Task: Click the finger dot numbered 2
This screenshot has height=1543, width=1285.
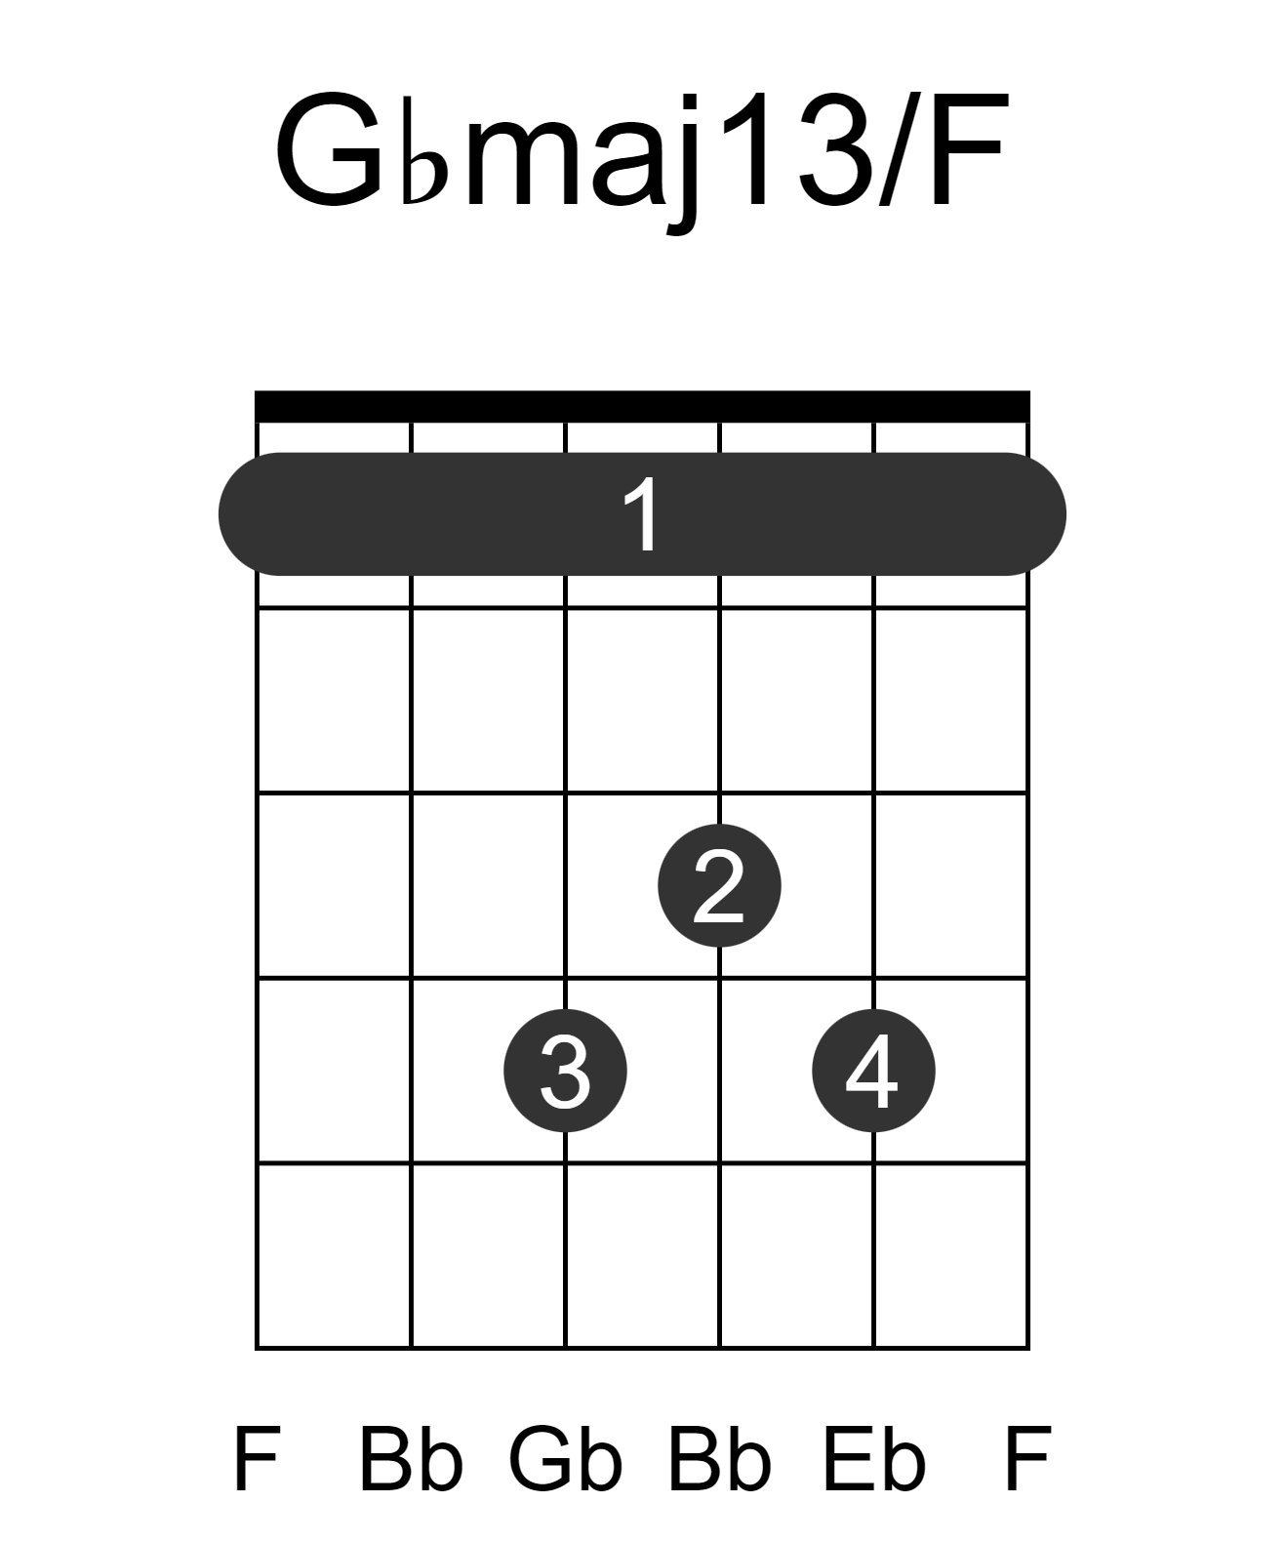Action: pyautogui.click(x=718, y=884)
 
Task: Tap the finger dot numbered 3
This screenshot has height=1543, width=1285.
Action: pyautogui.click(x=565, y=1070)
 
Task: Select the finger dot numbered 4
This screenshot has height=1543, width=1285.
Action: pyautogui.click(x=872, y=1070)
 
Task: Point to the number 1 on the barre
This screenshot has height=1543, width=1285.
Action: pyautogui.click(x=642, y=513)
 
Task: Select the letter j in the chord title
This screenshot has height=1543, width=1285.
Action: pyautogui.click(x=684, y=164)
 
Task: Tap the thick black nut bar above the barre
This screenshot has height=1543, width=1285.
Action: pyautogui.click(x=642, y=406)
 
